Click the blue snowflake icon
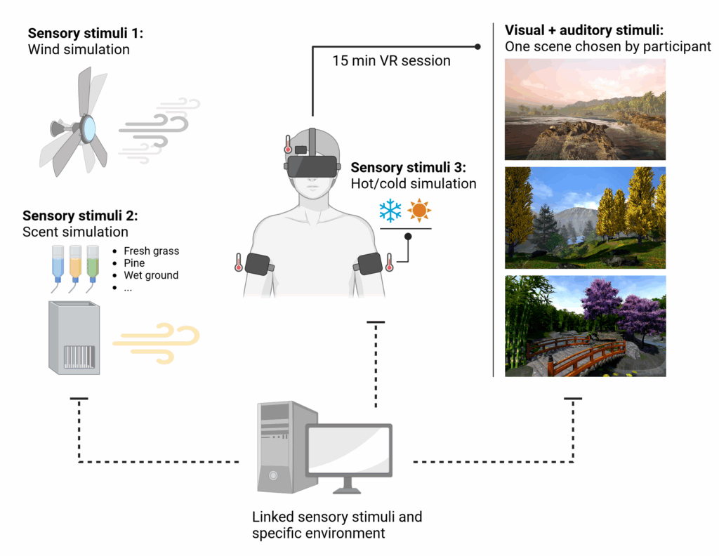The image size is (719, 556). (390, 211)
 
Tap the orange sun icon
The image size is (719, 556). (419, 211)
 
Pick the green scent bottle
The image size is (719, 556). (91, 263)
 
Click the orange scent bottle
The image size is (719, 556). (74, 263)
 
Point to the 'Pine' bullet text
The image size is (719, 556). (134, 263)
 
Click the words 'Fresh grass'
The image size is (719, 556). (151, 251)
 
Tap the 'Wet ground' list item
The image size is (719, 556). (151, 275)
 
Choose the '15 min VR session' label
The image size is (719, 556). (391, 61)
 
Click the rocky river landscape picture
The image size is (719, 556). (585, 109)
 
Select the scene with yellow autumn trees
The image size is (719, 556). (585, 218)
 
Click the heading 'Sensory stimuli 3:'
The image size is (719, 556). (408, 168)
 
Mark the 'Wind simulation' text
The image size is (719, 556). (79, 50)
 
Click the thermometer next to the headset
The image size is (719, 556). (288, 144)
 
